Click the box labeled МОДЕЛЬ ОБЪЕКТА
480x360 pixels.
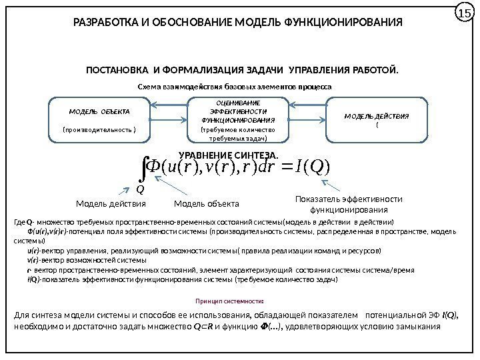click(x=99, y=120)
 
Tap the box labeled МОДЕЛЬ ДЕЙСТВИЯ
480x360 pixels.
click(x=376, y=119)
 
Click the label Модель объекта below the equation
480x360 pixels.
click(x=206, y=203)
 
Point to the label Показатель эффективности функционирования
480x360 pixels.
click(x=348, y=203)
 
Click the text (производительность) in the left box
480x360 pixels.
click(x=99, y=130)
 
